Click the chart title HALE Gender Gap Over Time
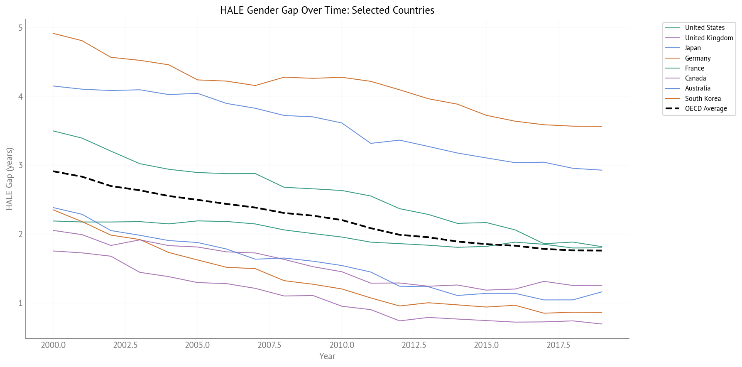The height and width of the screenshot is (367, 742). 327,10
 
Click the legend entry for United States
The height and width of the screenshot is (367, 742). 704,28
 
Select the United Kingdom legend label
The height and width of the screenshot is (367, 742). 709,38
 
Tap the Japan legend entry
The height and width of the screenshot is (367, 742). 693,48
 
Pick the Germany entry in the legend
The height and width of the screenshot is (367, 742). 698,58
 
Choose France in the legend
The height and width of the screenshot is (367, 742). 694,68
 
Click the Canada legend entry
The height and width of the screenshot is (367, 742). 695,78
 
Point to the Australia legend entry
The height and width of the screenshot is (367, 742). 698,88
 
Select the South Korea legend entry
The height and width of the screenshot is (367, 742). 703,98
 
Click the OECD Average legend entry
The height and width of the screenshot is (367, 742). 705,108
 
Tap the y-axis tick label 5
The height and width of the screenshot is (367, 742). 20,28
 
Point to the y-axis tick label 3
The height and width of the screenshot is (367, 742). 20,165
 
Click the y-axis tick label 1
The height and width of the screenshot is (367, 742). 20,303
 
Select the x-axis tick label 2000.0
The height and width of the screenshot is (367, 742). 53,345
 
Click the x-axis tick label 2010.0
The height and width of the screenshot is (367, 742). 342,345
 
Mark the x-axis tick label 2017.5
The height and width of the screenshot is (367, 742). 558,345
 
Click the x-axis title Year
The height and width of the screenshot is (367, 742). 327,356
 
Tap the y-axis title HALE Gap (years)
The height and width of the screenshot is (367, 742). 10,179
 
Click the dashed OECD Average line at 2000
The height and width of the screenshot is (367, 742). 54,171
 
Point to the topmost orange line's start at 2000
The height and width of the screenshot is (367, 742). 54,33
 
